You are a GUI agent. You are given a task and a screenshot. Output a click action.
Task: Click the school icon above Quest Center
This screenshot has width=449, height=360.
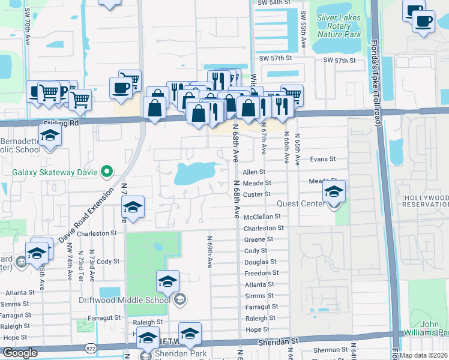coord(334,193)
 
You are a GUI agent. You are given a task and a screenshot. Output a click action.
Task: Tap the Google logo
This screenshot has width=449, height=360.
coord(20,353)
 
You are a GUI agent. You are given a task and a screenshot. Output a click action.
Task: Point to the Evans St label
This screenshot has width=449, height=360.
coord(322,160)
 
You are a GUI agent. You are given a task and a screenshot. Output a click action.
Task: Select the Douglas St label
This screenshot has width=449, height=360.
coord(261,262)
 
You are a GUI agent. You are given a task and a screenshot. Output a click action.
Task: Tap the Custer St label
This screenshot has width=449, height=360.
coord(257,194)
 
